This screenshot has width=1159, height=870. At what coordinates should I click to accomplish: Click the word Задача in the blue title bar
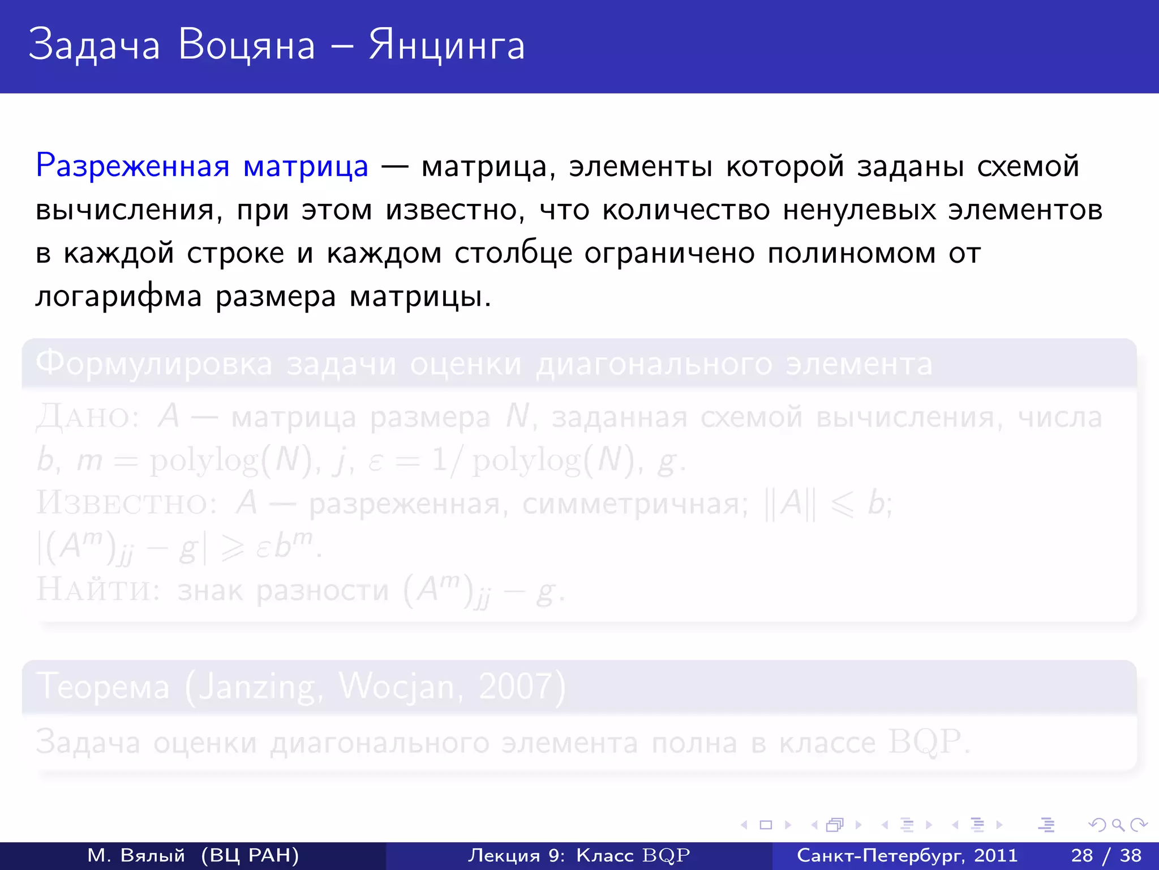pos(94,45)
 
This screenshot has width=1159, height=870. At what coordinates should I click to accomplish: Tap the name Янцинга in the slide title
pos(447,45)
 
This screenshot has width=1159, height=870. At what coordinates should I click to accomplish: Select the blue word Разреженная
pos(132,167)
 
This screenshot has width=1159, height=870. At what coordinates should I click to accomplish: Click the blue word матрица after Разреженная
pos(306,167)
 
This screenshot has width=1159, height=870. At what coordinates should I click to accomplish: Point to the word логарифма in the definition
pos(118,296)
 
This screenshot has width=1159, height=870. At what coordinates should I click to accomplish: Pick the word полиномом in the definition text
pos(851,253)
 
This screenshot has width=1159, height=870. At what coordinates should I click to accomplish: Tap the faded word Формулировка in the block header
pos(154,364)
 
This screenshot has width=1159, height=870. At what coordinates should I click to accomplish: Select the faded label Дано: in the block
pos(88,418)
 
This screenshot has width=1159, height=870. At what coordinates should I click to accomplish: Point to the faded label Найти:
pos(98,590)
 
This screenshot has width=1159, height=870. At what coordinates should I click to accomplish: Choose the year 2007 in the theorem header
pos(514,687)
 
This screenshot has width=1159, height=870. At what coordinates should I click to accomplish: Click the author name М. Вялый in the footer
pos(136,855)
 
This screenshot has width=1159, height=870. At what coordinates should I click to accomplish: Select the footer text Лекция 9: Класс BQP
pos(579,855)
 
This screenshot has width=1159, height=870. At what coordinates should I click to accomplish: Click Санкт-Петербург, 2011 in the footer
pos(907,855)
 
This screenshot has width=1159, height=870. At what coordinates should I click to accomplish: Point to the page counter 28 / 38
pos(1106,855)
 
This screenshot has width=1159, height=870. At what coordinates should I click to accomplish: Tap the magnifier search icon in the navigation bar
pos(1118,825)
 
